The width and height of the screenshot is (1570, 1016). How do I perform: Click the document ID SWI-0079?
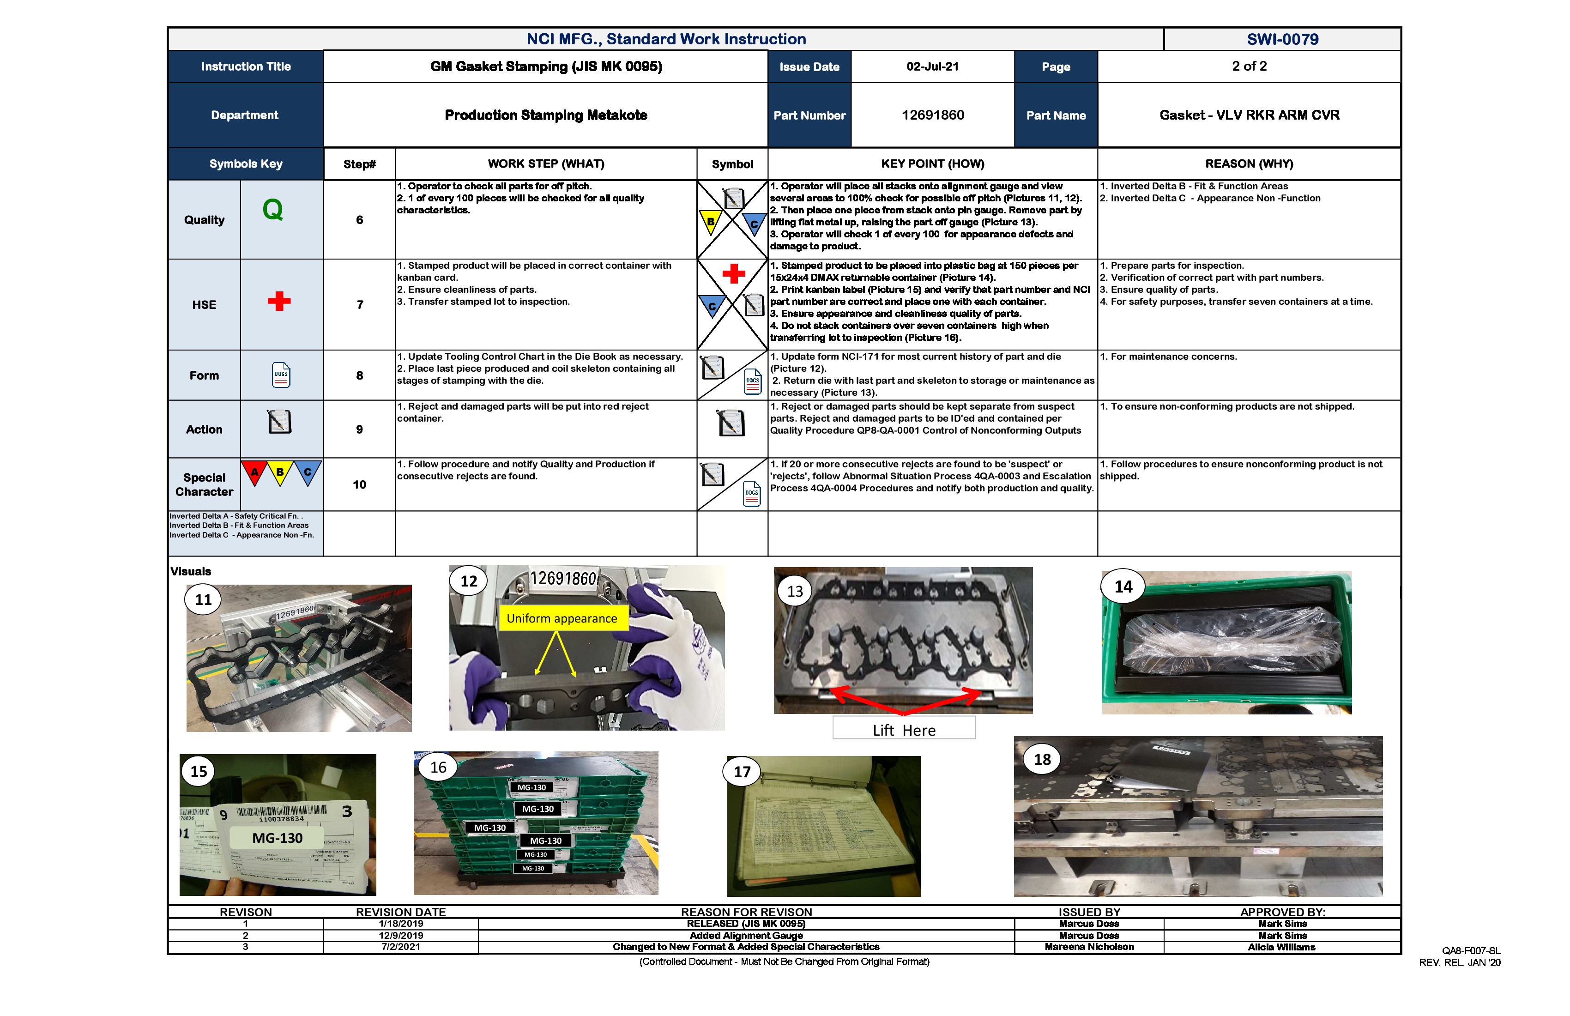coord(1282,39)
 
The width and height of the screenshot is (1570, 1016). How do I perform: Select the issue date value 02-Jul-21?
coord(932,67)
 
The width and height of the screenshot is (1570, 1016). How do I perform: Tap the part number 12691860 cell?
coord(932,115)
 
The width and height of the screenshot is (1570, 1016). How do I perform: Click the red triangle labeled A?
coord(254,472)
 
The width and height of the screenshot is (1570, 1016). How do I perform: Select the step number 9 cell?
coord(360,429)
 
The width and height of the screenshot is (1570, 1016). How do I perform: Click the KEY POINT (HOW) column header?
coord(932,163)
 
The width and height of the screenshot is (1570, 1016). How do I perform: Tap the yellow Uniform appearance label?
coord(562,618)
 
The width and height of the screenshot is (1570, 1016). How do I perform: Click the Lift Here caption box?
coord(903,730)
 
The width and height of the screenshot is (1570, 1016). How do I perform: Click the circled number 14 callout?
coord(1123,587)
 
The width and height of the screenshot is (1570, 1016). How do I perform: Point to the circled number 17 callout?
coord(742,772)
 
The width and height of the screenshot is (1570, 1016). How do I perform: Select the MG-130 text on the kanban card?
coord(277,838)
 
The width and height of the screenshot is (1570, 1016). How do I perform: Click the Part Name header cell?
coord(1056,115)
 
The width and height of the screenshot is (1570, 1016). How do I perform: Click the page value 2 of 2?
coord(1249,66)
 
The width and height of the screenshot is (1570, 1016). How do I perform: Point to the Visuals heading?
coord(191,571)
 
